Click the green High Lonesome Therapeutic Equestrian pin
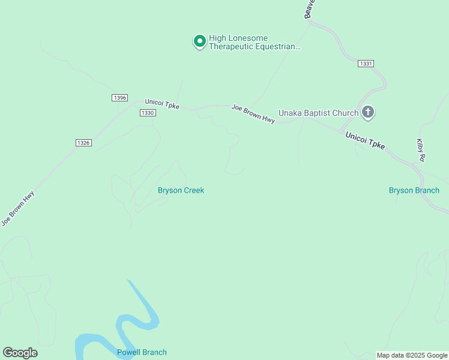pos(199,41)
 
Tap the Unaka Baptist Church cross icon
pos(369,112)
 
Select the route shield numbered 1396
pos(119,97)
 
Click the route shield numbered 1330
pos(148,113)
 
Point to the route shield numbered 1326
pos(83,142)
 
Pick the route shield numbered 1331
pos(366,63)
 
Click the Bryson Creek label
pos(181,190)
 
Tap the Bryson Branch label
pos(414,190)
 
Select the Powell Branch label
pos(142,352)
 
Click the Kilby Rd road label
pos(421,150)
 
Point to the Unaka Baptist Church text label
pos(318,112)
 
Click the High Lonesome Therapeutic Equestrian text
pos(253,42)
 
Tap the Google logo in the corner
pos(20,353)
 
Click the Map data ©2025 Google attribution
pos(412,355)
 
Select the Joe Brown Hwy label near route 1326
pos(17,208)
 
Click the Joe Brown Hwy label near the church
pos(253,114)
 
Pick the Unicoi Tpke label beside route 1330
pos(162,104)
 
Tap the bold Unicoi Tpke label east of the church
pos(365,142)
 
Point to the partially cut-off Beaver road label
pos(309,9)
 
